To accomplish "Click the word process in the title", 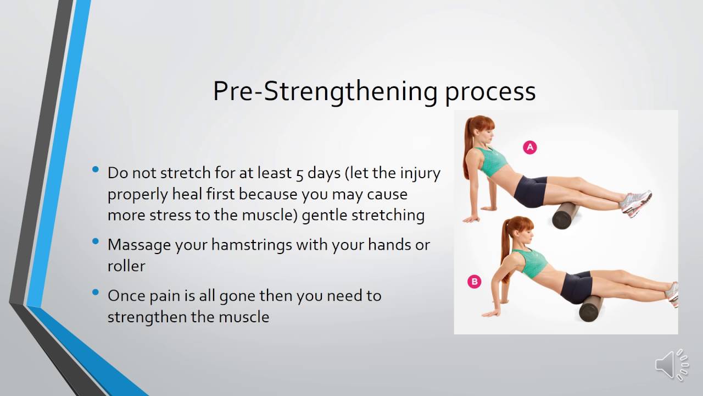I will click(x=490, y=92).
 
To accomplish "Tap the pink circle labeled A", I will click(x=529, y=147).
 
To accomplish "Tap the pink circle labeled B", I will click(x=473, y=282).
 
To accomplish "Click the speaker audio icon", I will click(x=671, y=365).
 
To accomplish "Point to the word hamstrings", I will click(x=234, y=245).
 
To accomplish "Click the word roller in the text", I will click(x=126, y=266).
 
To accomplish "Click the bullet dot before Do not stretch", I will click(x=97, y=169).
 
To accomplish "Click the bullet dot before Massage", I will click(x=97, y=241).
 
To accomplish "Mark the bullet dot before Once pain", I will click(x=97, y=292).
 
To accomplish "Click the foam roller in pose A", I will click(x=565, y=215).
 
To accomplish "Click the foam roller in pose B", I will click(x=591, y=308).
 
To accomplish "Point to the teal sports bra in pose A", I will click(x=492, y=159).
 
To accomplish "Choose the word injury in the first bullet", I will click(x=421, y=173).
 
